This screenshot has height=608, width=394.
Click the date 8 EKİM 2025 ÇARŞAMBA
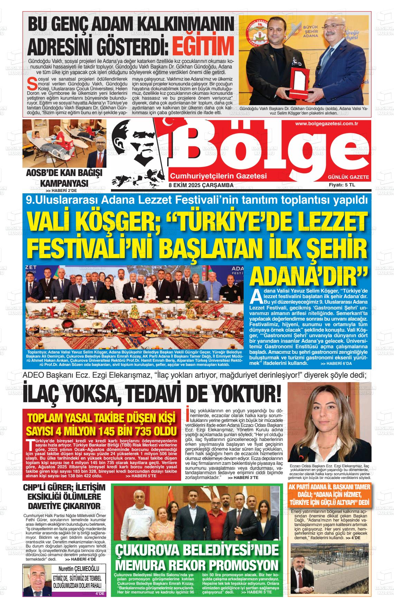click(201, 185)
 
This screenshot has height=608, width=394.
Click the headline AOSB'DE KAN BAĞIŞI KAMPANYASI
click(64, 178)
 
